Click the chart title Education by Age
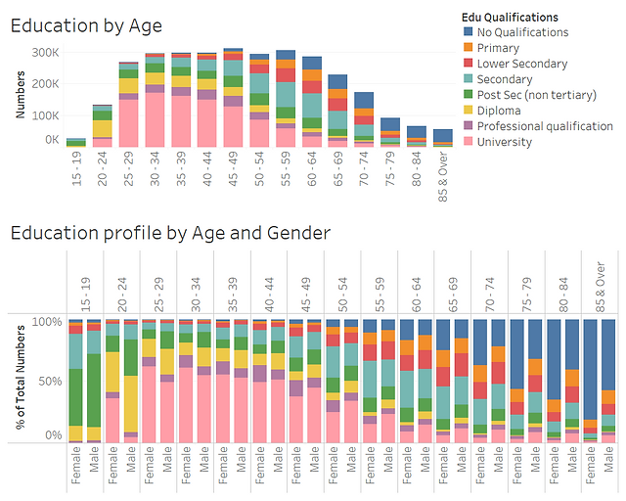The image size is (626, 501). click(x=86, y=25)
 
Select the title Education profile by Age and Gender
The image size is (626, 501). click(x=170, y=232)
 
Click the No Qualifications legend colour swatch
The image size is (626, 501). click(x=469, y=32)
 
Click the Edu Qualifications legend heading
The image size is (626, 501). click(x=510, y=17)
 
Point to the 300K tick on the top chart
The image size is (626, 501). click(x=45, y=52)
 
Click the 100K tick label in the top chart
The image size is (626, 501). click(x=45, y=115)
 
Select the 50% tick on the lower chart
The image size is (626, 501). click(x=46, y=378)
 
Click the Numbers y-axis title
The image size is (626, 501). click(x=20, y=95)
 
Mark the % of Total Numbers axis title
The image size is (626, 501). click(x=20, y=377)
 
